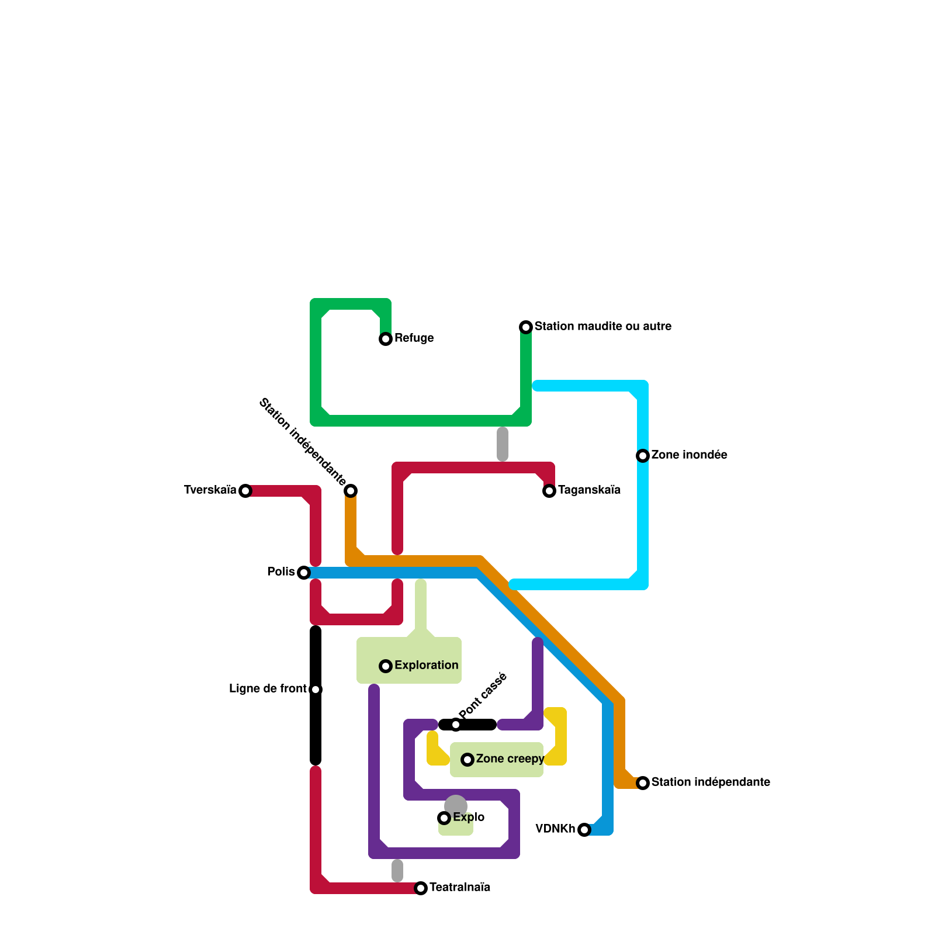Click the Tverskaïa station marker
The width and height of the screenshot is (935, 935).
(245, 491)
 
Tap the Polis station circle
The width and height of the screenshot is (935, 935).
(304, 573)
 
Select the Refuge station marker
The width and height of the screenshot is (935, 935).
(386, 339)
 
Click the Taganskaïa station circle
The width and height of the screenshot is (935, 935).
(549, 491)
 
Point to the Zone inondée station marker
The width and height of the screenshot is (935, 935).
(643, 456)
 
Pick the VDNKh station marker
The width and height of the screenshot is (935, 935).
(584, 830)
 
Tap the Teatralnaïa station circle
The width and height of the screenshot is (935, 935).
(421, 888)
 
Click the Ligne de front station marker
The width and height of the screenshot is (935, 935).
(316, 690)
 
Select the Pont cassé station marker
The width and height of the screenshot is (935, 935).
(456, 725)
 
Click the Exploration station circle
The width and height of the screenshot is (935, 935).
(386, 666)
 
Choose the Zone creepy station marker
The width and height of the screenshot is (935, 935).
(467, 760)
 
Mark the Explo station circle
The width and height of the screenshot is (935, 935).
(444, 818)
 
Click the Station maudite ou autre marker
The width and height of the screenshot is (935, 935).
(526, 327)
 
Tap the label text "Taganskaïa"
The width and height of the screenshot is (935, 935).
(589, 490)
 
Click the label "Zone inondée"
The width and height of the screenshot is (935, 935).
(689, 455)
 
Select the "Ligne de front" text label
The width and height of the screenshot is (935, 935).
(268, 689)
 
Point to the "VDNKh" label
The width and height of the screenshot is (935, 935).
(555, 829)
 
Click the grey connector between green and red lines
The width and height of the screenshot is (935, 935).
(503, 444)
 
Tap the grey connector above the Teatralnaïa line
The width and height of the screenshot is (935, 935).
(397, 871)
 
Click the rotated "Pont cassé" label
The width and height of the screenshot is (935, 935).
(483, 696)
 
